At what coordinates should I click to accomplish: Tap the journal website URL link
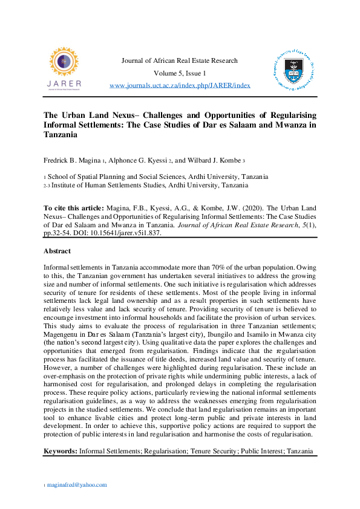(x=180, y=85)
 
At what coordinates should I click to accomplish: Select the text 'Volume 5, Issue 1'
(x=180, y=73)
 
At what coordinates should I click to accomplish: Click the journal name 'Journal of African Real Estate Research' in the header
(x=180, y=60)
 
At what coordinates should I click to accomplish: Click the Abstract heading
(x=57, y=251)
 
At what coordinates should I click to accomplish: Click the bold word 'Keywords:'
(x=61, y=452)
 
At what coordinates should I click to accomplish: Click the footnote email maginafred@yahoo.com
(x=77, y=485)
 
